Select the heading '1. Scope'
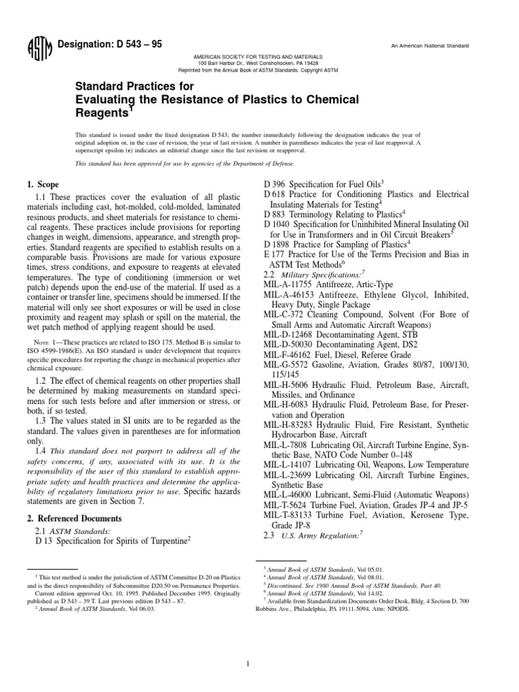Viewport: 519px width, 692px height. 43,184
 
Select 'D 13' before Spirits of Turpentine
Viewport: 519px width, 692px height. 45,541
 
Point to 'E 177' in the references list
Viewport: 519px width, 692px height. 274,253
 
